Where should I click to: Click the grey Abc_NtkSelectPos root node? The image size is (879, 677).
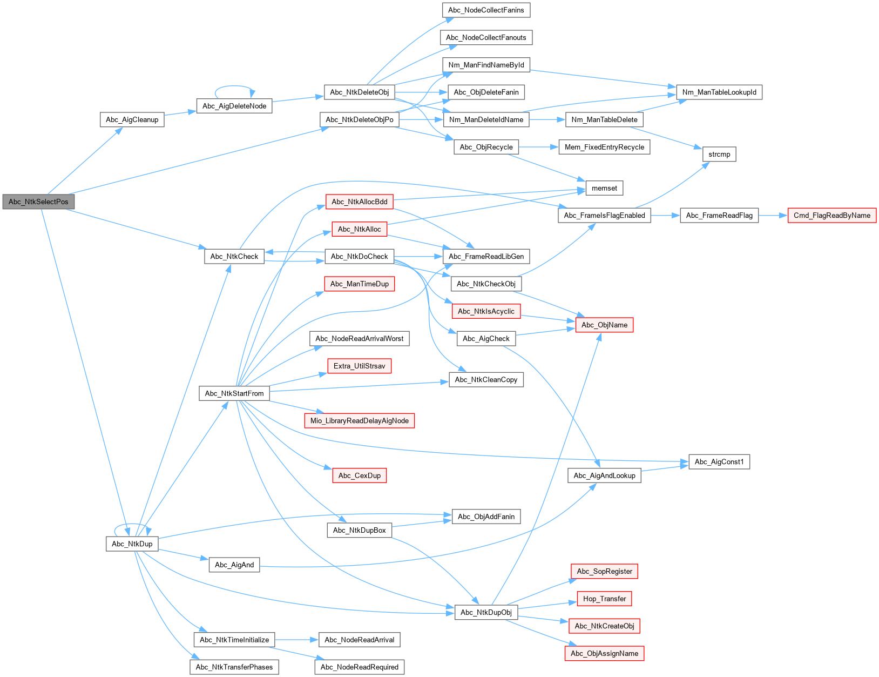tap(38, 202)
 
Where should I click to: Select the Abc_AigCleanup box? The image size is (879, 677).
tap(132, 119)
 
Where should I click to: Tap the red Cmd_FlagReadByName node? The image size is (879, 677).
tap(831, 215)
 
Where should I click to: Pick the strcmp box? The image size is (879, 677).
tap(719, 154)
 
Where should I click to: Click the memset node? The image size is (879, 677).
tap(604, 188)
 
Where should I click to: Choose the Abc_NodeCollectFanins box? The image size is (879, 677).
tap(486, 10)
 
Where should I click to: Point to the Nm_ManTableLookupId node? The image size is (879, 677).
tap(719, 92)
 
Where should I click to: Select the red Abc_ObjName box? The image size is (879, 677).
tap(604, 325)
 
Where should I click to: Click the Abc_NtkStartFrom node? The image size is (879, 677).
tap(234, 393)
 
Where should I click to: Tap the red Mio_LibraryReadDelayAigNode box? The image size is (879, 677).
tap(359, 421)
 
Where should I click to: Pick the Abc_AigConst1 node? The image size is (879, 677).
tap(719, 462)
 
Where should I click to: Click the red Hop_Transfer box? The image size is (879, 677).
tap(604, 599)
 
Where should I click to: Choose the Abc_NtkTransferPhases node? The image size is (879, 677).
tap(234, 667)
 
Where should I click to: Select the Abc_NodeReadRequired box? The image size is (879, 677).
tap(359, 667)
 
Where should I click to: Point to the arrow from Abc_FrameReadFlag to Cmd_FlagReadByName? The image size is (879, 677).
tap(773, 215)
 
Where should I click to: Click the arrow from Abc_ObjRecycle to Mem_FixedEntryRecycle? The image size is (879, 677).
tap(538, 148)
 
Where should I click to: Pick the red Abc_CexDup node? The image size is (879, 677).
tap(359, 475)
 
